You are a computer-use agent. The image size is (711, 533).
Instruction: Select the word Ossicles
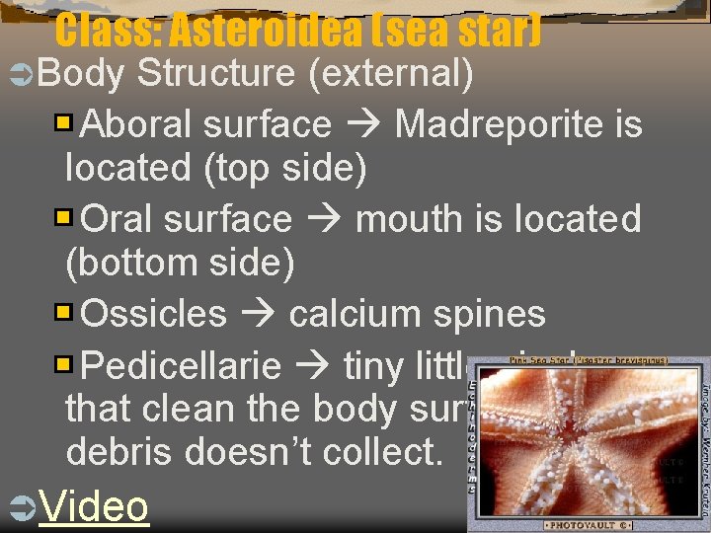pyautogui.click(x=154, y=314)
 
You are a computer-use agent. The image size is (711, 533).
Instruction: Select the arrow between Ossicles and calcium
pyautogui.click(x=258, y=315)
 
